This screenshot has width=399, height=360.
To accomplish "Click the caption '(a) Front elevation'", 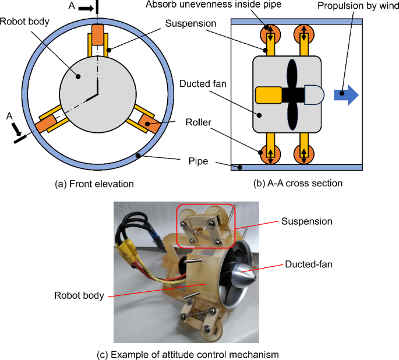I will pyautogui.click(x=94, y=183).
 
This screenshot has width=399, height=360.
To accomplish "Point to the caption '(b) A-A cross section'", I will pyautogui.click(x=298, y=183).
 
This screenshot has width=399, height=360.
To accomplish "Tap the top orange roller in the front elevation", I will pyautogui.click(x=97, y=34).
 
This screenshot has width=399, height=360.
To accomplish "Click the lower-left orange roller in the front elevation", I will pyautogui.click(x=45, y=124).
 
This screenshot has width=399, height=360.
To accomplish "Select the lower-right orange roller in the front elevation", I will pyautogui.click(x=149, y=123).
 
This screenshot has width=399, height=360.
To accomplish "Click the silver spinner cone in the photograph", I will pyautogui.click(x=244, y=277).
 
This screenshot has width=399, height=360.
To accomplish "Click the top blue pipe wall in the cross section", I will pyautogui.click(x=297, y=22).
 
